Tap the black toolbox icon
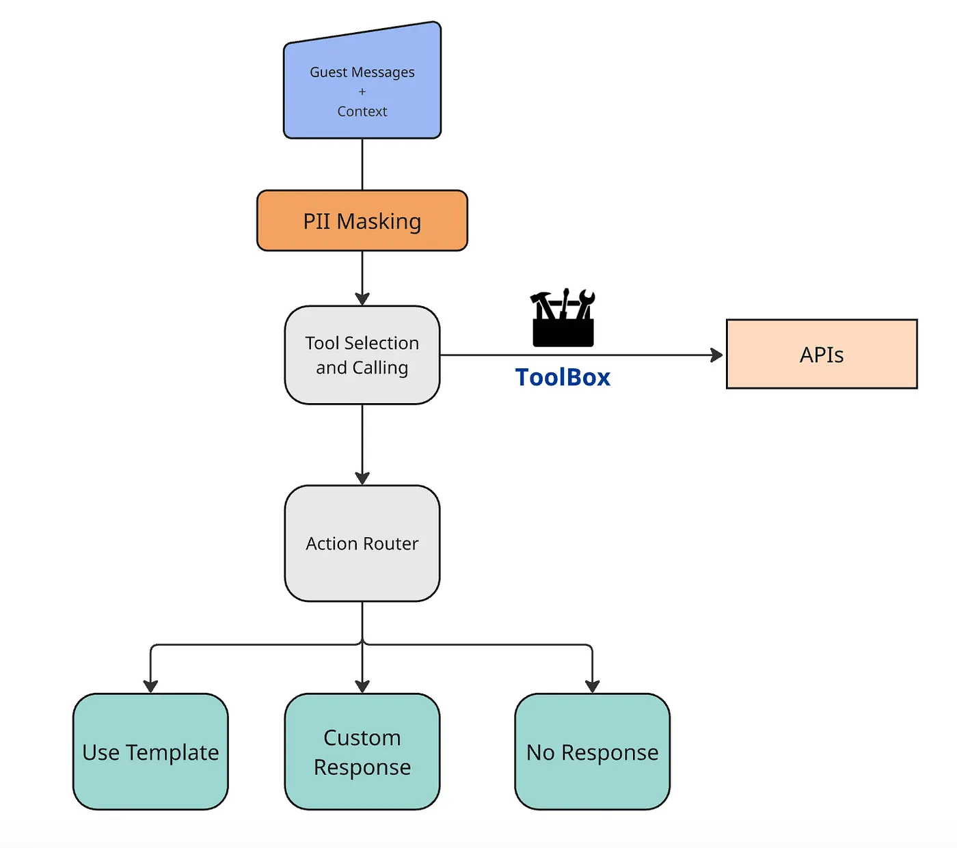(x=563, y=319)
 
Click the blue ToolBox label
(x=563, y=377)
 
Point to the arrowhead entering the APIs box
(x=716, y=355)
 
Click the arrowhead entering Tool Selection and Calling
(x=362, y=299)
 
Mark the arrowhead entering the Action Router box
(x=362, y=478)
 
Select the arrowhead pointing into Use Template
(x=150, y=686)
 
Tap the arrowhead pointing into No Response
(x=592, y=686)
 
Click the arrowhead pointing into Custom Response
(x=362, y=686)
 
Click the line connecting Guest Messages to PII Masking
(x=362, y=165)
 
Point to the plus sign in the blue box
(x=362, y=92)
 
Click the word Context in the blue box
(x=362, y=111)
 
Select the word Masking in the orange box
(x=379, y=222)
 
